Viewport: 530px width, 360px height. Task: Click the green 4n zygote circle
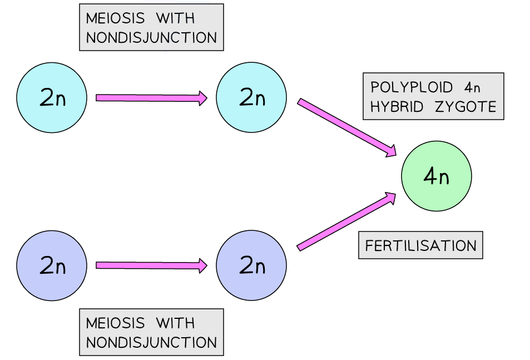437,176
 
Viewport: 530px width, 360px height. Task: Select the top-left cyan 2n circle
52,97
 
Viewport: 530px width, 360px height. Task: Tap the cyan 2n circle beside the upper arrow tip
251,97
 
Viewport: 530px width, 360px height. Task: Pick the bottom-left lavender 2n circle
52,266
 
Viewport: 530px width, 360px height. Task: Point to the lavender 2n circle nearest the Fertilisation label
251,266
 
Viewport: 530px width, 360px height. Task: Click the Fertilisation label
420,245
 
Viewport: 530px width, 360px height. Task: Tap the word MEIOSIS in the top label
115,18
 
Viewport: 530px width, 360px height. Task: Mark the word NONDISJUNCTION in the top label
151,38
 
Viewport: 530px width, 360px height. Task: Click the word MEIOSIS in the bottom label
115,323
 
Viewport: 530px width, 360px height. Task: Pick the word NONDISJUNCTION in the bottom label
151,342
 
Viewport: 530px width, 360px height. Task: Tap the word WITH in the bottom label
175,323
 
